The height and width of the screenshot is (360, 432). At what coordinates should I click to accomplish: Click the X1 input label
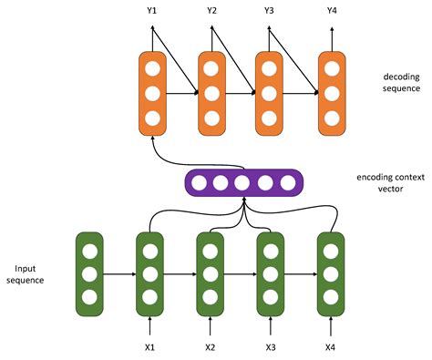[150, 347]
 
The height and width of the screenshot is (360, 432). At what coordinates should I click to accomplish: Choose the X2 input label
[211, 347]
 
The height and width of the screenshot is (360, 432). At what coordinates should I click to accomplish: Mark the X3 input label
[270, 347]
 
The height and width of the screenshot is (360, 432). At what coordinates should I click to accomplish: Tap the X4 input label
[330, 347]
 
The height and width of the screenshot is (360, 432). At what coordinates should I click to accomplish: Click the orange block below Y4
[331, 92]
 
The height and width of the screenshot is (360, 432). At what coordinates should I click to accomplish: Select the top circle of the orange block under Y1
[152, 68]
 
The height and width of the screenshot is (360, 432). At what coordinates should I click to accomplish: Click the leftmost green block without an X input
[89, 271]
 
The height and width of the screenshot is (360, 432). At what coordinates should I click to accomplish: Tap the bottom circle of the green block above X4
[330, 295]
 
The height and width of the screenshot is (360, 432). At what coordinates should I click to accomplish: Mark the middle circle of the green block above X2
[211, 272]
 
